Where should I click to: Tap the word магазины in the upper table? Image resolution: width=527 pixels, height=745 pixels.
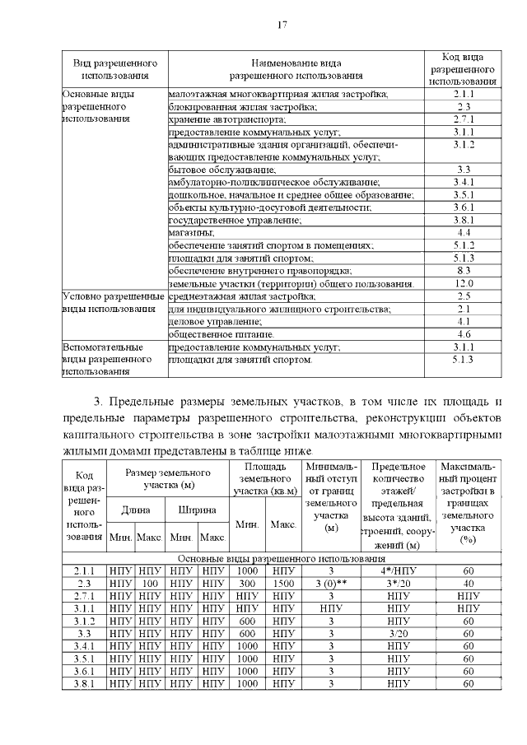pos(192,233)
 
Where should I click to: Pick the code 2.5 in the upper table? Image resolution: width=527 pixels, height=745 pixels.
pos(463,296)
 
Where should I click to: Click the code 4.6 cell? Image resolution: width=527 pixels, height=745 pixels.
pos(463,335)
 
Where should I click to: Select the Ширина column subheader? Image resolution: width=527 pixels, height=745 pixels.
pos(197,510)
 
